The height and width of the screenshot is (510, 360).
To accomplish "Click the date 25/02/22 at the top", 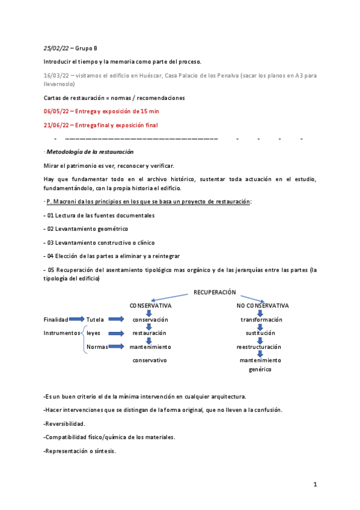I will (x=56, y=48).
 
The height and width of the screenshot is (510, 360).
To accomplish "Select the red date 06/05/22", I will (x=56, y=111).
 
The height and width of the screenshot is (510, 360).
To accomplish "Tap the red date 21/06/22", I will (x=56, y=125).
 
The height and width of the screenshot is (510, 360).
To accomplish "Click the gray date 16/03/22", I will (x=55, y=76).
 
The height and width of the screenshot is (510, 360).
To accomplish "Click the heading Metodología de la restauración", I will (x=90, y=152).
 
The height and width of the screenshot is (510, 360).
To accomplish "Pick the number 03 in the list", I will (x=51, y=242).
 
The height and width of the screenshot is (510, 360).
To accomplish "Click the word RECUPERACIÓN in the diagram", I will (x=215, y=292).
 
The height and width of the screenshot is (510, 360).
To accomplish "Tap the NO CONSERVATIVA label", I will (x=263, y=306).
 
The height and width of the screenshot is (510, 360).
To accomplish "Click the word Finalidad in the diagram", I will (x=56, y=319).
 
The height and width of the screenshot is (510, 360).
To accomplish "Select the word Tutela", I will (x=96, y=319).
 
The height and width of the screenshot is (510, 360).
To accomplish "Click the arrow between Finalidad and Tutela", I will (x=76, y=319).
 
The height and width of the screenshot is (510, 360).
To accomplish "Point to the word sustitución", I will (x=260, y=333).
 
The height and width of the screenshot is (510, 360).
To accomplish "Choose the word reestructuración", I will (x=259, y=347).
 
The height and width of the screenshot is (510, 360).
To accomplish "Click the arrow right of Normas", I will (x=118, y=347).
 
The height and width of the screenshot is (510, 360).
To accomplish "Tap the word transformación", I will (x=260, y=319).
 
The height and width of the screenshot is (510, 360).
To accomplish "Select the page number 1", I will (x=315, y=484).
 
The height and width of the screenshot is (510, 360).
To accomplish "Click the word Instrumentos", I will (x=62, y=333).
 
